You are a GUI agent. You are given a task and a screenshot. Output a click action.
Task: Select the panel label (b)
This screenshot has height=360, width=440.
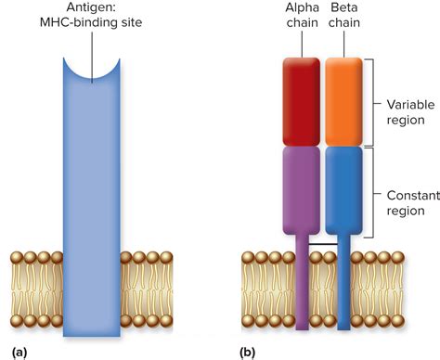click(247, 352)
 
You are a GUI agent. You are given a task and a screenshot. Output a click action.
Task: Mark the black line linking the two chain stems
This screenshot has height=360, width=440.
click(323, 245)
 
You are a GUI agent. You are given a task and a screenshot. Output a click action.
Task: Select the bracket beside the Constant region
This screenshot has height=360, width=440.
click(373, 190)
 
